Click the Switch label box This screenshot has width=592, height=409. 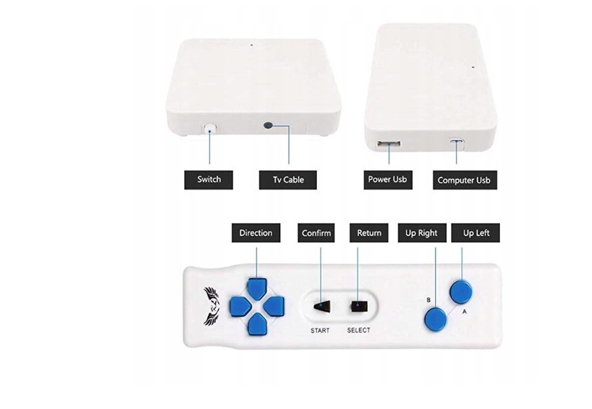(x=208, y=179)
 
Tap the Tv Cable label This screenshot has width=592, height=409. (x=288, y=179)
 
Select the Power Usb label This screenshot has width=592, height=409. (x=387, y=179)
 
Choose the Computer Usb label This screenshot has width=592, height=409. (x=464, y=180)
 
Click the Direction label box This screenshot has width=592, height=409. (x=255, y=233)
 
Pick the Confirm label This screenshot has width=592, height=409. (x=316, y=233)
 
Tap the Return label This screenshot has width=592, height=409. (x=369, y=233)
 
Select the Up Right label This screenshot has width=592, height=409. (x=421, y=233)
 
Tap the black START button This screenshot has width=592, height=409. (x=321, y=306)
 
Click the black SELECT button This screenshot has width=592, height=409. (x=358, y=306)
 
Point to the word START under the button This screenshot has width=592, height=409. (x=320, y=331)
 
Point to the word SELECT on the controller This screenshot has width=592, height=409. (x=358, y=331)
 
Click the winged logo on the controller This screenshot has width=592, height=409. (x=212, y=305)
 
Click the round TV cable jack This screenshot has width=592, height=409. (x=269, y=126)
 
